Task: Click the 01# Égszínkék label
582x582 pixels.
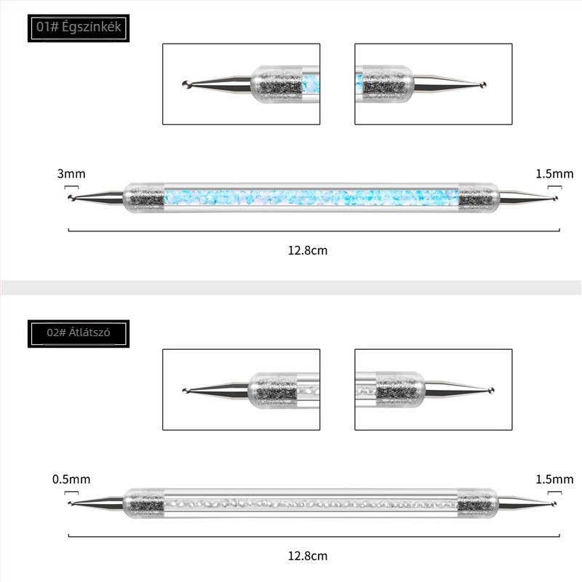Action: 79,28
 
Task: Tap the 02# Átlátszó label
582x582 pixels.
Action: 79,332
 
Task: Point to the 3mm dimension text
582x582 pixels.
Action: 71,174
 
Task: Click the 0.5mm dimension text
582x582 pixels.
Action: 71,479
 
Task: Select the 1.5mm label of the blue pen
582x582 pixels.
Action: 554,174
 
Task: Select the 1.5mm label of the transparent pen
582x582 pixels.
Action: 554,479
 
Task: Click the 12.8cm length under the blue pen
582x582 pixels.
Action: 308,250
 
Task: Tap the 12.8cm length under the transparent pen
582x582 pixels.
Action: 308,556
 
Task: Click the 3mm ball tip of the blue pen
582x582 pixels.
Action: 71,198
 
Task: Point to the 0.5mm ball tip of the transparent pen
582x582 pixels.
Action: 70,503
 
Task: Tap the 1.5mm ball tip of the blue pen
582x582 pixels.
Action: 555,199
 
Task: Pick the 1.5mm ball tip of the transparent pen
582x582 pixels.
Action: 554,504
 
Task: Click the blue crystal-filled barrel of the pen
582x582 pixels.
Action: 311,197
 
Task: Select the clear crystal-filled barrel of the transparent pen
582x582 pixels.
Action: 311,503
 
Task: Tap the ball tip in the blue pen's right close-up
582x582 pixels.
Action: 482,85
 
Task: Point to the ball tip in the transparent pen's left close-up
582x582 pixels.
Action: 186,391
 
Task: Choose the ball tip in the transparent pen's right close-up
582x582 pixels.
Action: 491,390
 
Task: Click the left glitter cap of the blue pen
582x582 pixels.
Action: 143,197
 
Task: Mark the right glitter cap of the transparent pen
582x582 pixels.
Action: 478,503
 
